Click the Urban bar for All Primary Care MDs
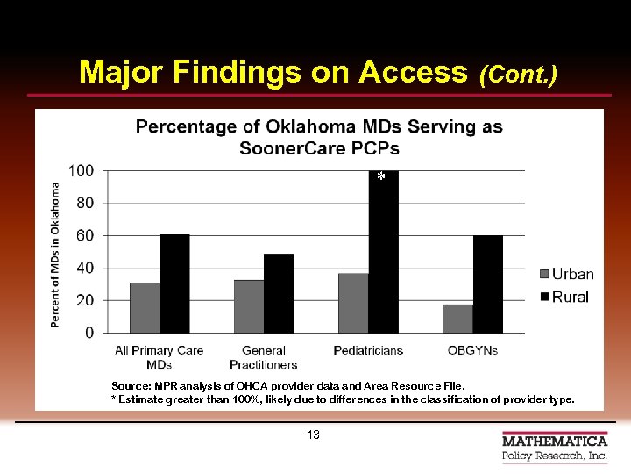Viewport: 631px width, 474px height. coord(145,307)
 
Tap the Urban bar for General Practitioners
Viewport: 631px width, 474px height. coord(249,306)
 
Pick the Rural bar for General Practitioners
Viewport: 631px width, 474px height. coord(279,293)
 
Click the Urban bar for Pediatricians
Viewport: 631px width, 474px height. coord(353,303)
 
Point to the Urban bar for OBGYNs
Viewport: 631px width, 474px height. coord(457,319)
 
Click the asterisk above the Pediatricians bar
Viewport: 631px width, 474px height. coord(380,178)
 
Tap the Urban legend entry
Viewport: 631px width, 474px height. coord(565,275)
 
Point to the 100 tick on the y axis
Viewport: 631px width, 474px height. coord(82,170)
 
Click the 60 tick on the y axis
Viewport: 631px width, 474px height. coord(85,235)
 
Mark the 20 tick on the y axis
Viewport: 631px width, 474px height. coord(85,300)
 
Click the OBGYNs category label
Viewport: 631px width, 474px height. coord(471,350)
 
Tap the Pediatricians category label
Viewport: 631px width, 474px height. coord(368,350)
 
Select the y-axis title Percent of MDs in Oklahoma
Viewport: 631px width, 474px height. coord(55,255)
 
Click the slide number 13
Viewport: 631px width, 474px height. coord(314,435)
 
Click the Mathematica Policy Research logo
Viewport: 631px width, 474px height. coord(554,448)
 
